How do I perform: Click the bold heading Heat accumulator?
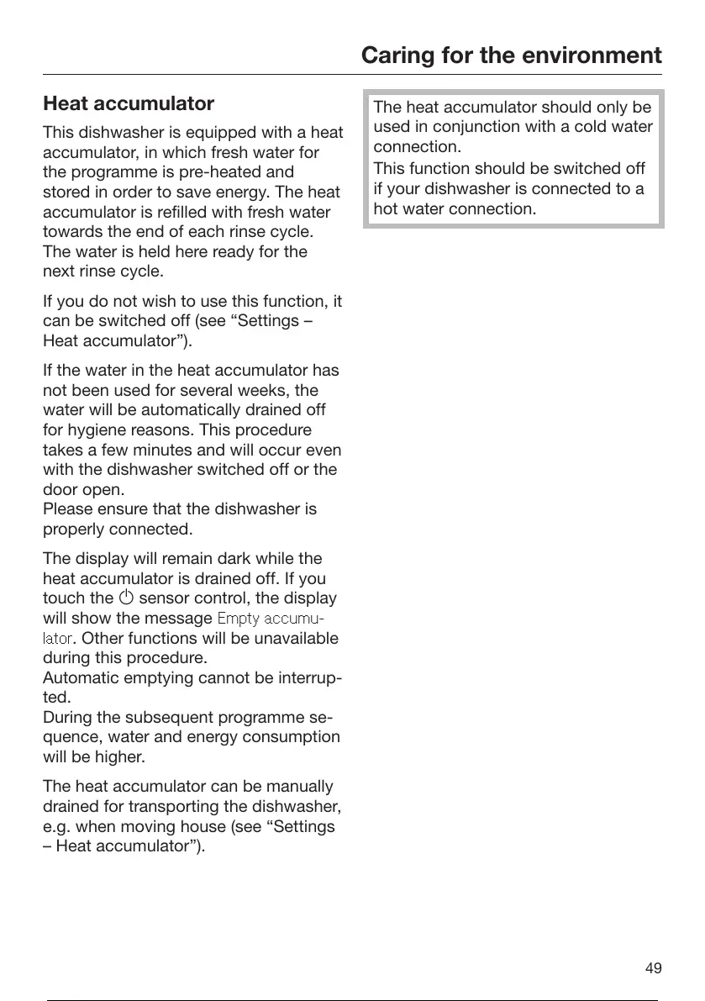pos(129,104)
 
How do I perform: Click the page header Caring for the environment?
pos(511,55)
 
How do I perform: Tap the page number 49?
pos(653,968)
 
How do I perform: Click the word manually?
pos(299,788)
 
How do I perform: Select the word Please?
pos(67,509)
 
